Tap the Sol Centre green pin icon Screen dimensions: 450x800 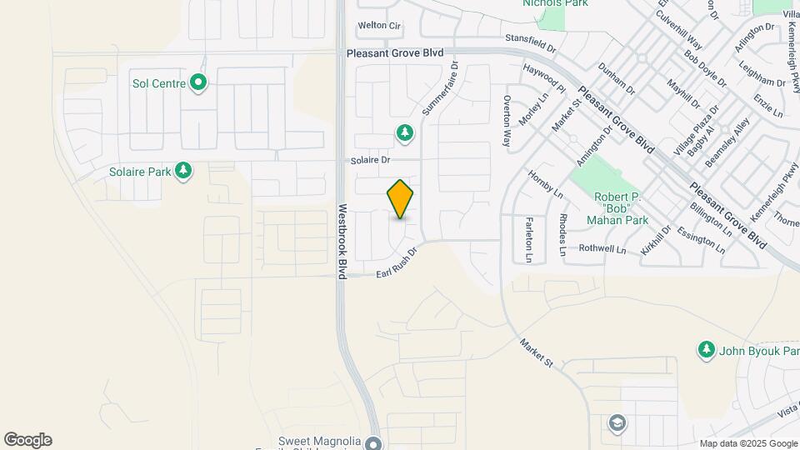[198, 83]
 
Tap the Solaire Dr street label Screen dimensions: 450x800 [371, 159]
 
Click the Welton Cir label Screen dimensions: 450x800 [379, 26]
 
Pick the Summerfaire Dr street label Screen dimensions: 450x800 [440, 87]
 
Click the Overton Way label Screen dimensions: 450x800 [506, 122]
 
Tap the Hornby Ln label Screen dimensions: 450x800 [546, 184]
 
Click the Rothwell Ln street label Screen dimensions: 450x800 [602, 248]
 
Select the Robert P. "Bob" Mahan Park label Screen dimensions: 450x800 [616, 208]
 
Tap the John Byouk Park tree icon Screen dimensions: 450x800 [707, 348]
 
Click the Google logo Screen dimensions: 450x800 [27, 440]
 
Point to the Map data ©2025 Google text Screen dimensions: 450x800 [747, 443]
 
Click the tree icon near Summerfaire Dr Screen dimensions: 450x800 [404, 132]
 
